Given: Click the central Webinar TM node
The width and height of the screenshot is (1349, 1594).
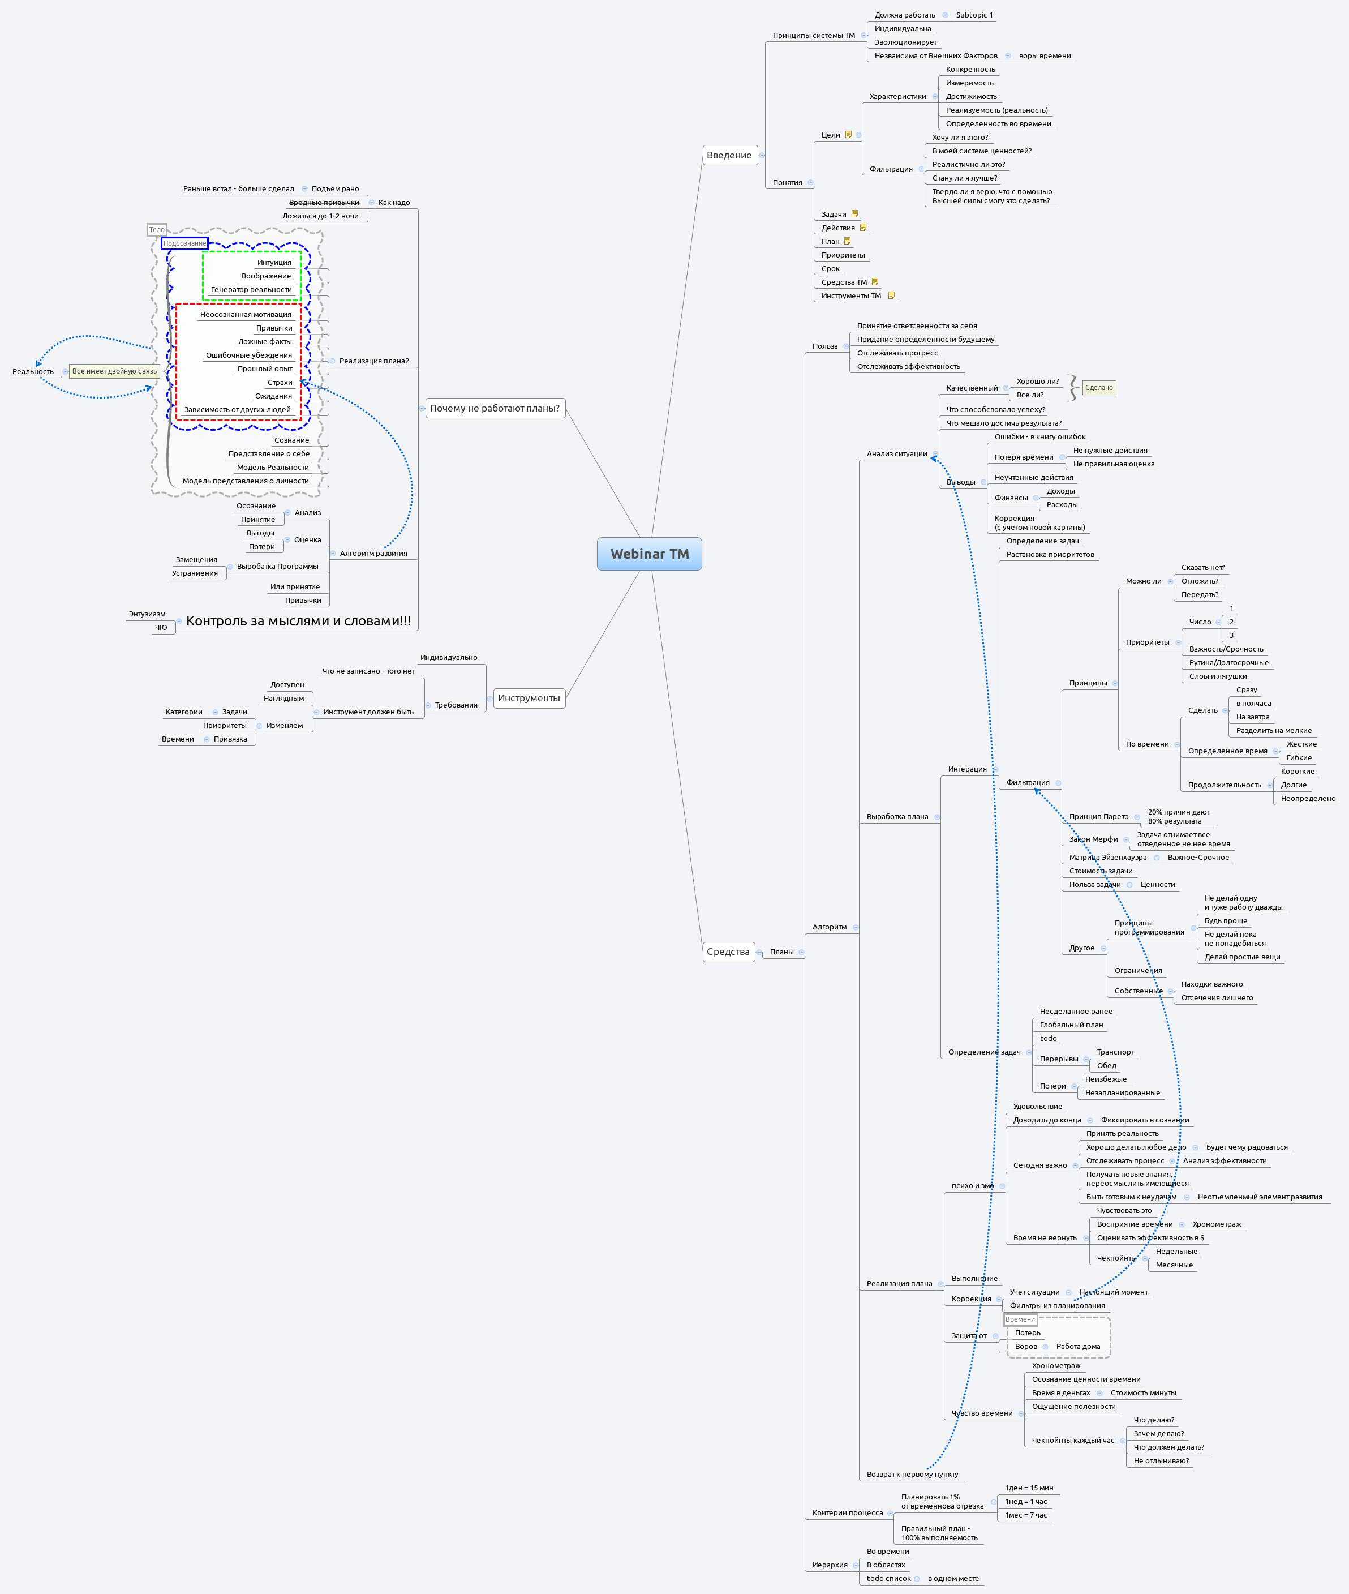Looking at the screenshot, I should tap(649, 554).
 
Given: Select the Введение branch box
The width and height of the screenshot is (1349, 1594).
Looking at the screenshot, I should tap(729, 155).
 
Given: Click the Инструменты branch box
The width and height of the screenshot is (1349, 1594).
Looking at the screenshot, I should tap(529, 697).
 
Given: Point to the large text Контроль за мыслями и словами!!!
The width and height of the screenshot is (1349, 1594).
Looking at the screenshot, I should tap(298, 621).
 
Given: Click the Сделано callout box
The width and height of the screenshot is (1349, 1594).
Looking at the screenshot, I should tap(1099, 388).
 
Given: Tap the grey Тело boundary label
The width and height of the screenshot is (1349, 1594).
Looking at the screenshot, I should tap(157, 229).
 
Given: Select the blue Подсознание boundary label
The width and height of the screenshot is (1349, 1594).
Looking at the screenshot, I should tap(184, 243).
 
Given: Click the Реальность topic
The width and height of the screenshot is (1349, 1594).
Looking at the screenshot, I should tap(33, 372).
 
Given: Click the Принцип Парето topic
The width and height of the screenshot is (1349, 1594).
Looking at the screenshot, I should tap(1098, 817).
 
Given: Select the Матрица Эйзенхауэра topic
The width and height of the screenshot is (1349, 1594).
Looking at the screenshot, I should tap(1107, 858).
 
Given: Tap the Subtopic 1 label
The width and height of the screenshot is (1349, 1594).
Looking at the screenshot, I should tap(974, 15).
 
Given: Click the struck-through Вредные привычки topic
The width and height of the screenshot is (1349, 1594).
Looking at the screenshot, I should tap(324, 203).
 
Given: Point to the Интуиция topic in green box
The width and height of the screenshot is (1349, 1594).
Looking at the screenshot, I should tap(274, 262).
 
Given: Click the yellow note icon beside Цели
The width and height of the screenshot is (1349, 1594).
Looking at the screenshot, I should tap(848, 135).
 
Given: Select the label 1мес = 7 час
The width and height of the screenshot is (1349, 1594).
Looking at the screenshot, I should tap(1025, 1515).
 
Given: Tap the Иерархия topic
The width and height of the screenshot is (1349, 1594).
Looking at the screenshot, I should tap(830, 1565).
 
